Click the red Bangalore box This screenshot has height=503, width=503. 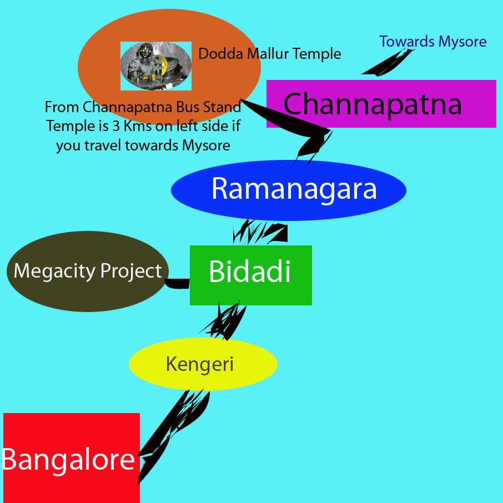71,457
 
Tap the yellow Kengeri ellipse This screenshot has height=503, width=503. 203,364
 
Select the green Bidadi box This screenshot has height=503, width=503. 250,275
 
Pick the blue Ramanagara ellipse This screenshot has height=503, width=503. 289,190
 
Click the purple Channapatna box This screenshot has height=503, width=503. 381,104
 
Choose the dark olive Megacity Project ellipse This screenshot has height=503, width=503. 87,271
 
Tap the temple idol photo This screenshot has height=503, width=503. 156,66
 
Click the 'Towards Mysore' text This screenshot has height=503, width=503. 433,42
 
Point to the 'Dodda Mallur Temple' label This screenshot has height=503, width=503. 269,54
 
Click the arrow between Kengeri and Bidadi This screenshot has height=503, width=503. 225,321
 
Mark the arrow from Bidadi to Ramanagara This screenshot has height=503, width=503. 261,232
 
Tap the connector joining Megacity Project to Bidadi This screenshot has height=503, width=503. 178,284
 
